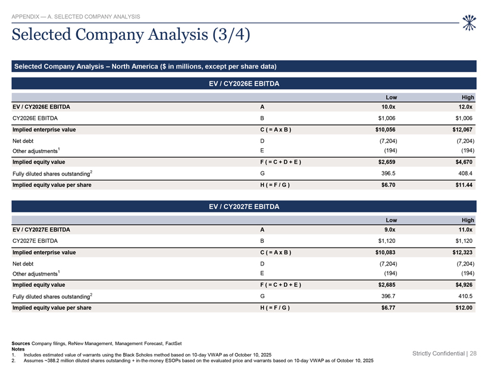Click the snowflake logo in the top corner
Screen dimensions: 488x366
coord(469,23)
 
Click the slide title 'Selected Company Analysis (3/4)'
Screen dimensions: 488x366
coord(131,35)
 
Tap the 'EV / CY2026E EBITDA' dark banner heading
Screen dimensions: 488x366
coord(244,84)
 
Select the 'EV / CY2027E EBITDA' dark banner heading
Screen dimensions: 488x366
coord(244,207)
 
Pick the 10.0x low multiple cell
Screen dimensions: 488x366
coord(389,107)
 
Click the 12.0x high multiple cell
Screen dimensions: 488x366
coord(465,107)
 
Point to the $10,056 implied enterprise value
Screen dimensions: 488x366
coord(385,130)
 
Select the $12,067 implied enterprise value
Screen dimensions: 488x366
coord(462,130)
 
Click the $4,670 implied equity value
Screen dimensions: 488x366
coord(464,162)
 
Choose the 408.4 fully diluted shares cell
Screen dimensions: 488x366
coord(465,173)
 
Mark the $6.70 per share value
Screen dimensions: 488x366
coord(389,185)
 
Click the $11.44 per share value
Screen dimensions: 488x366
coord(464,185)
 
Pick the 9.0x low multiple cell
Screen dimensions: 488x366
coord(389,230)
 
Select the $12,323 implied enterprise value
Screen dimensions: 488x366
coord(462,252)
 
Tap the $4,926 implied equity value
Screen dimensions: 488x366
coord(464,285)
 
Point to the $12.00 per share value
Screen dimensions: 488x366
coord(464,308)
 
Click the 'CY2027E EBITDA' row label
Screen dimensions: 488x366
coord(35,241)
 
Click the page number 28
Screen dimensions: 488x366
coord(473,354)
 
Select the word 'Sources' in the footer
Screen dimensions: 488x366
coord(21,343)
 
